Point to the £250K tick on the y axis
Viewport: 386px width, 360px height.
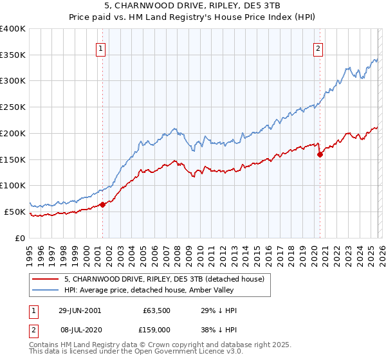14,107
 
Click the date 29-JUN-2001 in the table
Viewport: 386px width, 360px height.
79,310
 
